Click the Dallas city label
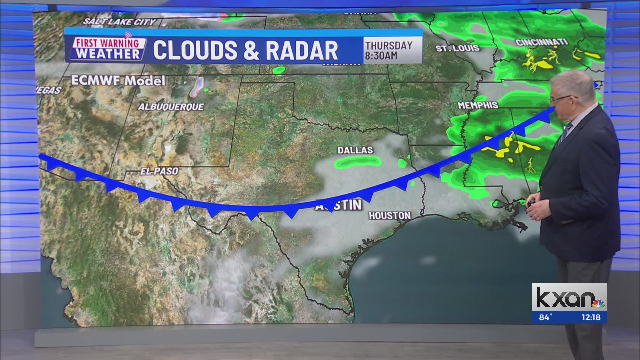click(x=355, y=150)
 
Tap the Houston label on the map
click(x=389, y=216)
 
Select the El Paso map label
click(x=159, y=171)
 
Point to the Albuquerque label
click(x=171, y=107)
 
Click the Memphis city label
click(x=478, y=105)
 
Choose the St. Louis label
click(x=457, y=48)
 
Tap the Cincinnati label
click(x=541, y=42)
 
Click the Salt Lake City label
click(x=119, y=22)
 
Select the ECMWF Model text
click(x=118, y=81)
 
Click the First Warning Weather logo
click(x=108, y=49)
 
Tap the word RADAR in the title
click(x=302, y=51)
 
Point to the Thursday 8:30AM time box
click(x=389, y=50)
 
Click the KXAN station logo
click(x=569, y=297)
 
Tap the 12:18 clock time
click(x=591, y=317)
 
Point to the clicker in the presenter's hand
click(x=530, y=202)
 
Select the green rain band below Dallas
click(x=358, y=162)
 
